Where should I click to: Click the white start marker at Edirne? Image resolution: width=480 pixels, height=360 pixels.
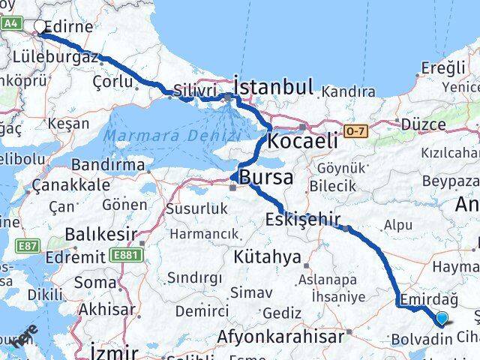(x=40, y=27)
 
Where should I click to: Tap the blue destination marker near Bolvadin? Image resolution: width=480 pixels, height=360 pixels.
(x=442, y=318)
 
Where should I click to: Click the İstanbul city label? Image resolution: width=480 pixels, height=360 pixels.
(x=274, y=86)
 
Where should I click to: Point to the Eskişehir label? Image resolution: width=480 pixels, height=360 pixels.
(x=303, y=220)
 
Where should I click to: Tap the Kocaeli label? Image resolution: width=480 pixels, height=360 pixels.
(x=304, y=140)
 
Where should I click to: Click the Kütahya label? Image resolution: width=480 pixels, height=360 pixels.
(x=267, y=257)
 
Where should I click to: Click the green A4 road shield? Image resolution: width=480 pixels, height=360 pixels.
(x=10, y=23)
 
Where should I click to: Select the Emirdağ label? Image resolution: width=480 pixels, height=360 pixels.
(x=423, y=298)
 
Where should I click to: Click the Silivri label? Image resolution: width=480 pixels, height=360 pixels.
(x=195, y=91)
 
